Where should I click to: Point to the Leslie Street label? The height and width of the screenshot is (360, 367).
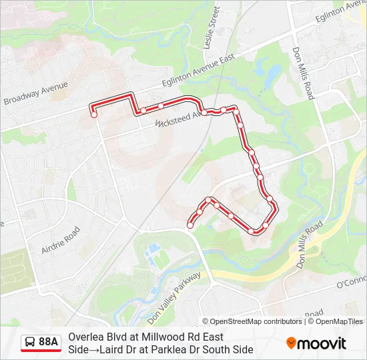pyautogui.click(x=214, y=27)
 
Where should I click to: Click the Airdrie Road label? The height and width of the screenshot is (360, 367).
pyautogui.click(x=61, y=241)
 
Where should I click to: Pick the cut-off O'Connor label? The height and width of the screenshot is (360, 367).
pyautogui.click(x=352, y=283)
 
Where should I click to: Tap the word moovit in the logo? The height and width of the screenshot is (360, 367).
pyautogui.click(x=322, y=343)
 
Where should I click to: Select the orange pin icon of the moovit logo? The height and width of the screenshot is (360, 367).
pyautogui.click(x=292, y=343)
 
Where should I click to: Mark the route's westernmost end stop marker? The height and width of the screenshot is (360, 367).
pyautogui.click(x=94, y=115)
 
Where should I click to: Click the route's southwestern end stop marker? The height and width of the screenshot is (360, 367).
pyautogui.click(x=190, y=225)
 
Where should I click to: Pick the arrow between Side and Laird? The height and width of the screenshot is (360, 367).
pyautogui.click(x=95, y=349)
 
